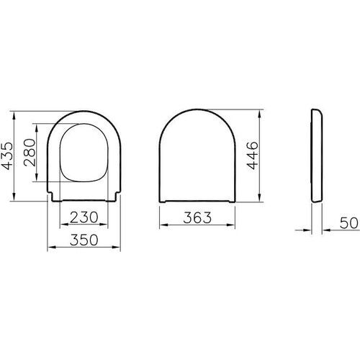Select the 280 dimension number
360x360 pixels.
click(x=30, y=153)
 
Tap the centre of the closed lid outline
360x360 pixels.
click(x=196, y=155)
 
